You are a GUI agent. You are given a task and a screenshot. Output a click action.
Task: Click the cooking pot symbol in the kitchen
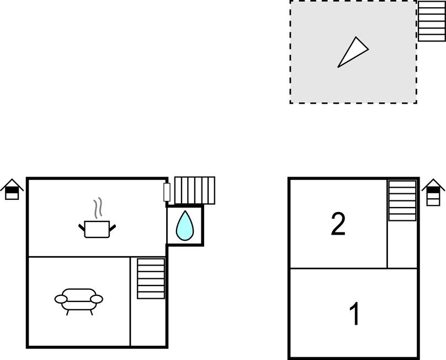(97, 229)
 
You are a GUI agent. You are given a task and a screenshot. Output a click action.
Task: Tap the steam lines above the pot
(98, 208)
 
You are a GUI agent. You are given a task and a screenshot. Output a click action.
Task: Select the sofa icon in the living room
(79, 301)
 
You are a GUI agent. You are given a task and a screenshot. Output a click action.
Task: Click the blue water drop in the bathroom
(185, 225)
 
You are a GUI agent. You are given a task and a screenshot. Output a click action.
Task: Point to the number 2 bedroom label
(338, 225)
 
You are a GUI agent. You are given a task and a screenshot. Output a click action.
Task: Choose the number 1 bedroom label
(355, 313)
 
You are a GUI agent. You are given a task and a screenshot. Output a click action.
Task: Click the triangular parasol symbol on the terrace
(353, 52)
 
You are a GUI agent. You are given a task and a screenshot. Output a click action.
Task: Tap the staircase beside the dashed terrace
(432, 21)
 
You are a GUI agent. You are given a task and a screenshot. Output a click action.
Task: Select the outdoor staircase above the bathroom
(194, 190)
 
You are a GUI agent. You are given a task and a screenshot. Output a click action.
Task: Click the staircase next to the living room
(151, 279)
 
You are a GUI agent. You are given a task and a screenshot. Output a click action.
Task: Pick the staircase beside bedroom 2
(402, 200)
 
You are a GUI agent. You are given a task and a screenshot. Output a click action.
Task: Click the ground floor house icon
(12, 189)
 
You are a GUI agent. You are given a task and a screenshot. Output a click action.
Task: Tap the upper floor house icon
(433, 192)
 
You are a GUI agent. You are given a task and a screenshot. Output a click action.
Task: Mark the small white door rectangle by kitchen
(167, 192)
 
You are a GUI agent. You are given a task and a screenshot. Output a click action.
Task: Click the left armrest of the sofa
(61, 299)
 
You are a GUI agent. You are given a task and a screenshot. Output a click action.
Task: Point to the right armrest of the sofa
(97, 299)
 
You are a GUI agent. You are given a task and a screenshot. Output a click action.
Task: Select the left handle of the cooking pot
(82, 227)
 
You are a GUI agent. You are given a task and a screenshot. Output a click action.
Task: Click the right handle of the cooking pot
(113, 227)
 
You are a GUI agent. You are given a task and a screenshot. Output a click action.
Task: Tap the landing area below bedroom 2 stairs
(402, 244)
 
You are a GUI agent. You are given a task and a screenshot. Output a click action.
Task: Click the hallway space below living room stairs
(148, 322)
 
